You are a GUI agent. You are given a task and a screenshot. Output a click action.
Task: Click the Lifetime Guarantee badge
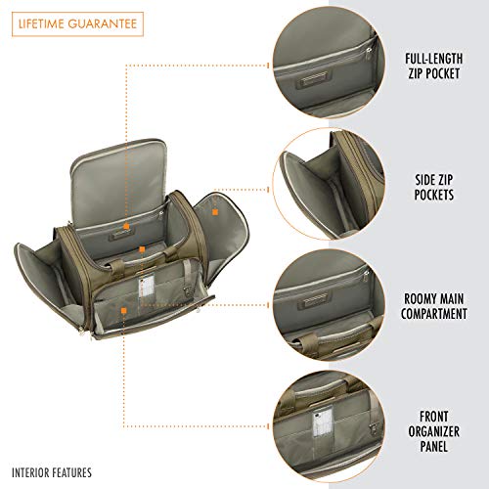pyautogui.click(x=77, y=24)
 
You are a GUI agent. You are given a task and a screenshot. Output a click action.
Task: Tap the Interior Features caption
pyautogui.click(x=52, y=472)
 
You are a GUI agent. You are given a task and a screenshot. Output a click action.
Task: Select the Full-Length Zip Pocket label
pyautogui.click(x=433, y=66)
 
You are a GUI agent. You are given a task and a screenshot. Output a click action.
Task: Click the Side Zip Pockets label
pyautogui.click(x=434, y=187)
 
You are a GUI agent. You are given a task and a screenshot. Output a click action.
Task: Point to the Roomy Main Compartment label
pyautogui.click(x=433, y=306)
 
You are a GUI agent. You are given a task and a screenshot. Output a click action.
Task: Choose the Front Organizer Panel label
pyautogui.click(x=433, y=431)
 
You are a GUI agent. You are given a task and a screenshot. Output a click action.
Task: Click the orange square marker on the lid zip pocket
pyautogui.click(x=126, y=226)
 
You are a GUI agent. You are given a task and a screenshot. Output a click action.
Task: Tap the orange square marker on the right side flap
pyautogui.click(x=215, y=212)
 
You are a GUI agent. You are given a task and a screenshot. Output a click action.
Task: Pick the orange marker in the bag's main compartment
pyautogui.click(x=142, y=249)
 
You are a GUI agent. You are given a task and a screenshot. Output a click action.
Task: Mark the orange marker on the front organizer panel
pyautogui.click(x=123, y=311)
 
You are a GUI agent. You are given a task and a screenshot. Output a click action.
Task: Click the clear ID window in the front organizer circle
pyautogui.click(x=323, y=426)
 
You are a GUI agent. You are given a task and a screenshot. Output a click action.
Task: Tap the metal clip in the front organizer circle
pyautogui.click(x=373, y=429)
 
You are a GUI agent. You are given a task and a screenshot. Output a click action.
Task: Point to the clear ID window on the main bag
pyautogui.click(x=146, y=288)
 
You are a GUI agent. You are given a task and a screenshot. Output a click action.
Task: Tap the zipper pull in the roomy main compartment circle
pyautogui.click(x=367, y=275)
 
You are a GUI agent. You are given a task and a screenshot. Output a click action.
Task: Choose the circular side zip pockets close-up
pyautogui.click(x=329, y=184)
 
